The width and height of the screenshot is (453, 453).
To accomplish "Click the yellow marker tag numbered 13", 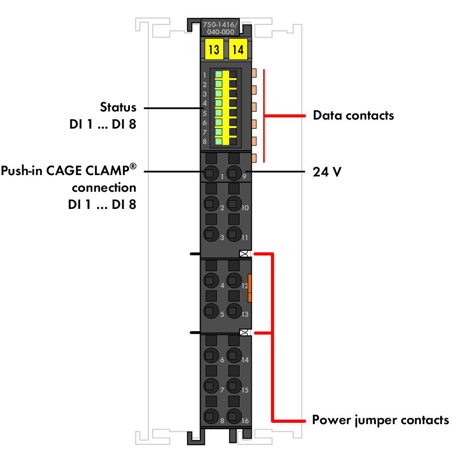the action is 214,49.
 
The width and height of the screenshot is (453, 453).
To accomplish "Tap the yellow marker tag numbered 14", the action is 238,49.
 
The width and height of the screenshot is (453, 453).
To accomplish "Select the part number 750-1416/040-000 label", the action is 220,28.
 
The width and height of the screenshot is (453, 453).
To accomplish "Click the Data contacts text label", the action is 353,115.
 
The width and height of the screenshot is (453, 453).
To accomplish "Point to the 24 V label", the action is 327,171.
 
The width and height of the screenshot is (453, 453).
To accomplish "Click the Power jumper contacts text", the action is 380,420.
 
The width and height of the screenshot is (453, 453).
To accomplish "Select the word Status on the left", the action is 118,107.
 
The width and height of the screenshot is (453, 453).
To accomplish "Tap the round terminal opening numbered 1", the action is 211,173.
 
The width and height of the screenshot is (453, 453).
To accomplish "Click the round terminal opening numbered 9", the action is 234,173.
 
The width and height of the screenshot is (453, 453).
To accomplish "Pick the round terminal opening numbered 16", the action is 234,416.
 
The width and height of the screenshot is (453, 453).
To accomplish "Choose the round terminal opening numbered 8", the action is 211,416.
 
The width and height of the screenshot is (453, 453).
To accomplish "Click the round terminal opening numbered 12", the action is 234,280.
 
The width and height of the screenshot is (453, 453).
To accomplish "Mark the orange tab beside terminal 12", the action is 250,288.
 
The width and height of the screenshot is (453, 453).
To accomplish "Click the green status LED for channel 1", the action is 219,74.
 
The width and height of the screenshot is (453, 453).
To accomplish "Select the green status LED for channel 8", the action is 219,141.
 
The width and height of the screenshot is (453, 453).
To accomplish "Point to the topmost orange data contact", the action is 254,73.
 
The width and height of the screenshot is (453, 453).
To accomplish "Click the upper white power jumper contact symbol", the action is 245,254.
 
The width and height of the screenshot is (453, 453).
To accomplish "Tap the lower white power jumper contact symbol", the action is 245,332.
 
